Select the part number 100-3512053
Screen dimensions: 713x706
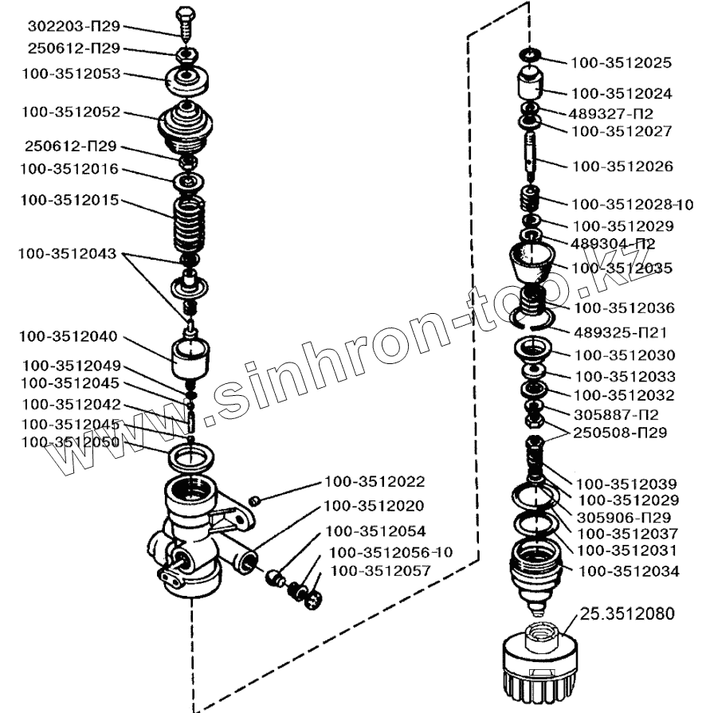pyautogui.click(x=71, y=73)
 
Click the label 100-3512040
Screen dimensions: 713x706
pyautogui.click(x=71, y=336)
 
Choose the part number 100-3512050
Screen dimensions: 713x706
pyautogui.click(x=71, y=442)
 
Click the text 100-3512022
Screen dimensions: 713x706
pyautogui.click(x=375, y=482)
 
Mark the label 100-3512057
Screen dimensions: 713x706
pyautogui.click(x=380, y=570)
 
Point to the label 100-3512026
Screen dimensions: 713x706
pyautogui.click(x=622, y=166)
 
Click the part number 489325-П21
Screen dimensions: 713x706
pyautogui.click(x=619, y=331)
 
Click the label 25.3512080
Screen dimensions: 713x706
pyautogui.click(x=627, y=613)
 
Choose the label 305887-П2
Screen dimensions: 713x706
pyautogui.click(x=617, y=414)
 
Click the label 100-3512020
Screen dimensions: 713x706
pyautogui.click(x=375, y=506)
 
